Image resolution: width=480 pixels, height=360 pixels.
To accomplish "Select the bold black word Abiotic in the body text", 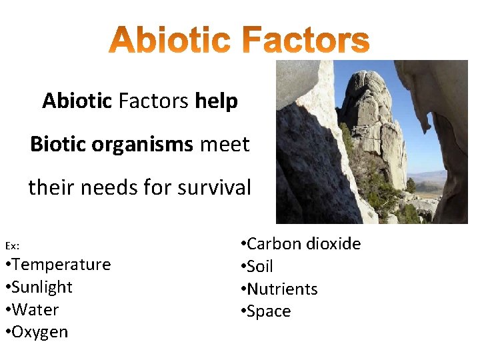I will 77,101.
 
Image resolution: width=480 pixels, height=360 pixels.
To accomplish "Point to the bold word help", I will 217,101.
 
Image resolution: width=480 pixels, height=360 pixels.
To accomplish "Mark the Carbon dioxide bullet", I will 301,244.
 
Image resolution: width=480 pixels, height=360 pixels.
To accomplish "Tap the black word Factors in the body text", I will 153,101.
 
